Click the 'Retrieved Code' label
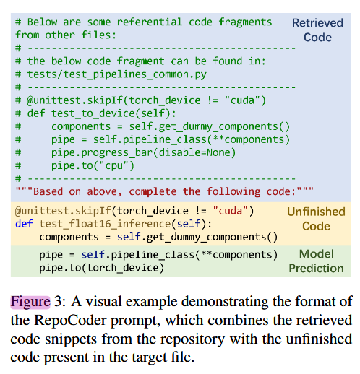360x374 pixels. pos(317,30)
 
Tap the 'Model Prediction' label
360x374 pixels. pos(316,261)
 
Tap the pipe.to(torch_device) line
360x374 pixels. pos(100,268)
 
